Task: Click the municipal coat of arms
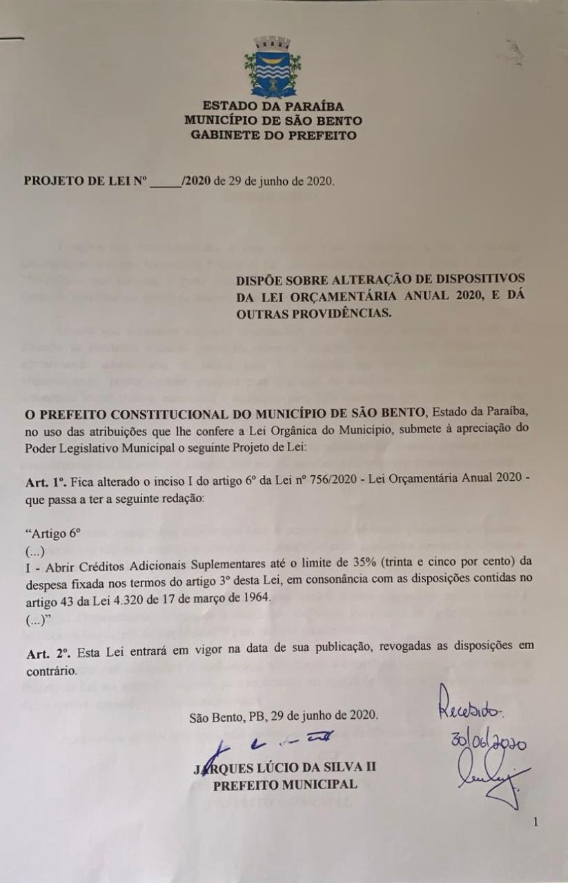tap(272, 67)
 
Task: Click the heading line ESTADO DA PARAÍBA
tap(272, 106)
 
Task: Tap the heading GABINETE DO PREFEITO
tap(273, 135)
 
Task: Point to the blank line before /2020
tap(164, 182)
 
